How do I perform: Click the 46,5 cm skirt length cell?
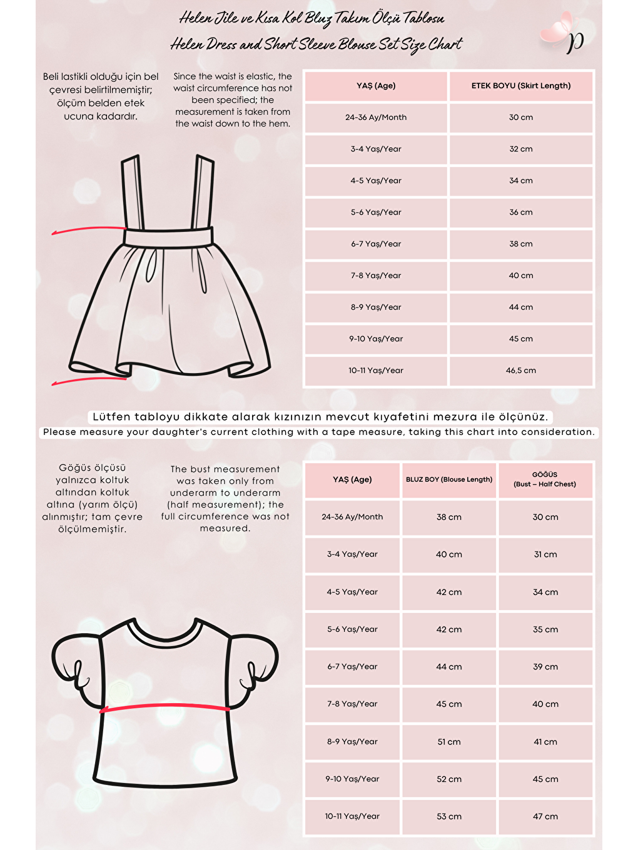(520, 371)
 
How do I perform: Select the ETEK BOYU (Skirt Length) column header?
(520, 86)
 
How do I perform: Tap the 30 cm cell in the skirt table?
(520, 117)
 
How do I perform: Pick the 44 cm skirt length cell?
(520, 307)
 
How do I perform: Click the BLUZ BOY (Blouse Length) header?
(448, 479)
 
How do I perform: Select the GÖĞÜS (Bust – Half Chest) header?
(545, 479)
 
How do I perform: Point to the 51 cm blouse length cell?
(448, 742)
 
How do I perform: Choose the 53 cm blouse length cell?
(448, 816)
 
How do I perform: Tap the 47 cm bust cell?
(545, 816)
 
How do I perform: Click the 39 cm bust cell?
(545, 667)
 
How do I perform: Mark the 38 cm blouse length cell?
(448, 517)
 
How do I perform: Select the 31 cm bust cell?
(545, 554)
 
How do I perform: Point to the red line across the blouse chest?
(166, 707)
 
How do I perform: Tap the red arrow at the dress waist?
(88, 230)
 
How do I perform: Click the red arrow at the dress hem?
(88, 380)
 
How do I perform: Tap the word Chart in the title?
(445, 44)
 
